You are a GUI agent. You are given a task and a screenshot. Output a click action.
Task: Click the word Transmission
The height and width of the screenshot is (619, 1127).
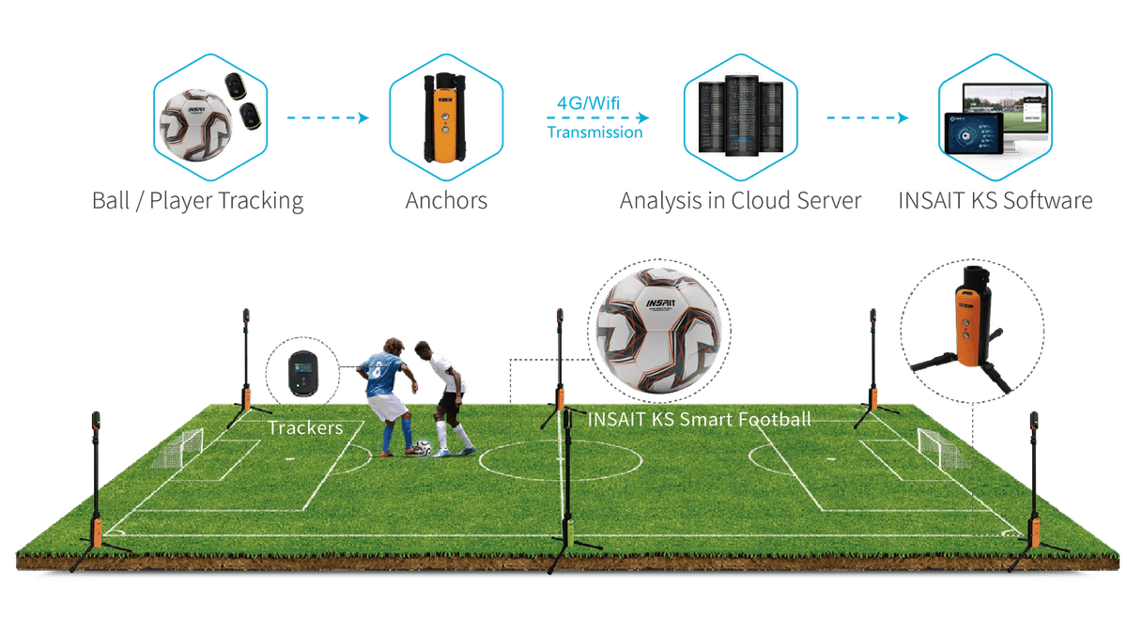pyautogui.click(x=594, y=132)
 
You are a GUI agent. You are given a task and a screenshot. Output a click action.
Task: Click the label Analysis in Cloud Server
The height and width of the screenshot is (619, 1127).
pyautogui.click(x=740, y=200)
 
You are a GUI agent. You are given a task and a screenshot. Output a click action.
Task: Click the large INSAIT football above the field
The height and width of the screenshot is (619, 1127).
pyautogui.click(x=661, y=329)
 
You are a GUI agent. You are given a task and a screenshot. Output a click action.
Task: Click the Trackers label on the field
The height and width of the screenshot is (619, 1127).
pyautogui.click(x=303, y=427)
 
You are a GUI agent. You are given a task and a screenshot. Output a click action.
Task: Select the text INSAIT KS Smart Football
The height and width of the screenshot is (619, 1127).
pyautogui.click(x=698, y=419)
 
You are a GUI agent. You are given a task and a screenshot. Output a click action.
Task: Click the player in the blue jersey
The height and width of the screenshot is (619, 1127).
pyautogui.click(x=386, y=395)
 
